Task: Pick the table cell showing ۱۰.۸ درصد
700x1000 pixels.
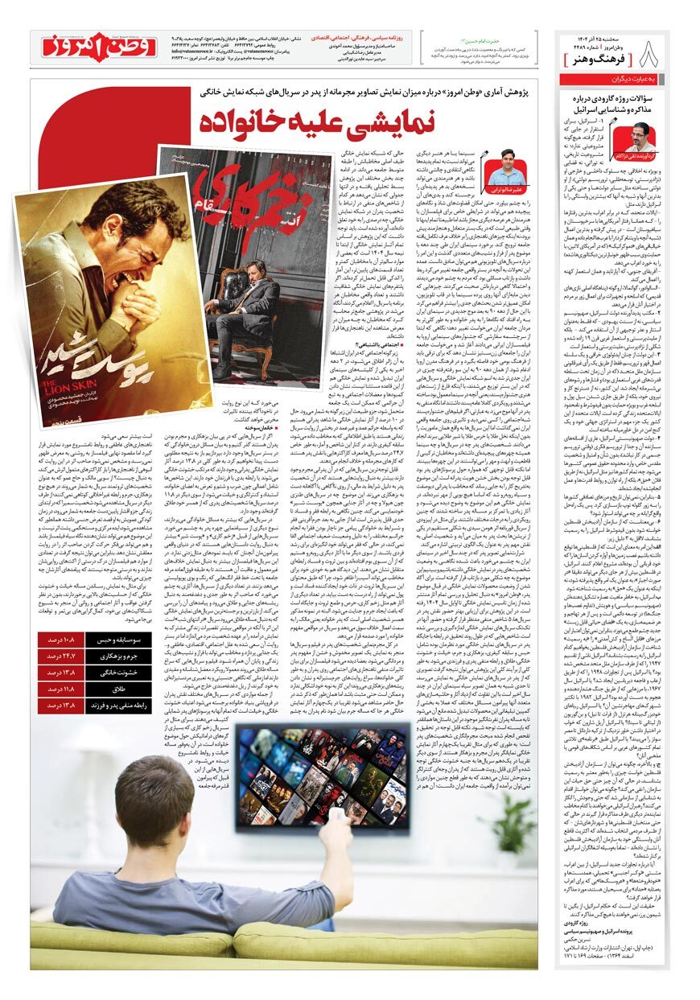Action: point(79,640)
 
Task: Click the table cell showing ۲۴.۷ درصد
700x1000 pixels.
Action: point(79,656)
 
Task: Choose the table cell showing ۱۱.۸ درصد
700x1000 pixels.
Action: point(79,689)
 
